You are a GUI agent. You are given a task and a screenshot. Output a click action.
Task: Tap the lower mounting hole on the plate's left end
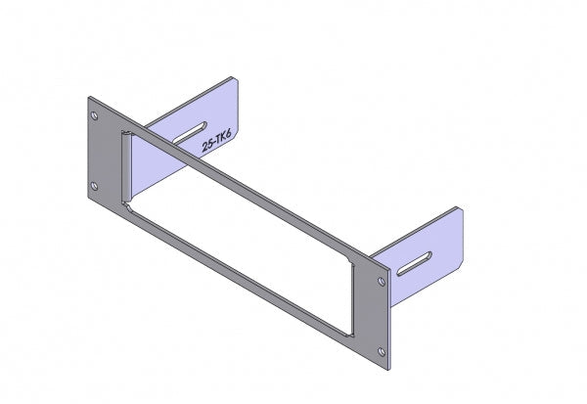pyautogui.click(x=94, y=186)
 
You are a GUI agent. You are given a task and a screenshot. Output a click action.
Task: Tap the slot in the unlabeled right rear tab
pyautogui.click(x=421, y=261)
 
